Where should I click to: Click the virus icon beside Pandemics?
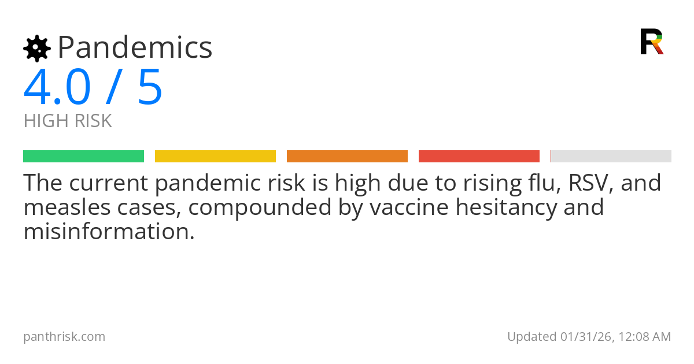[37, 48]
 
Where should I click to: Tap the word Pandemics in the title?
[135, 47]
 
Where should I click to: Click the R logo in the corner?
[651, 41]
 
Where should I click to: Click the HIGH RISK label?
[68, 121]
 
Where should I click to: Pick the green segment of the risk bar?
[83, 156]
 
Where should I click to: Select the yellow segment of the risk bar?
[215, 156]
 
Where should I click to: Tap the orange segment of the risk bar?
[347, 156]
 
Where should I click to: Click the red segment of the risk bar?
[479, 156]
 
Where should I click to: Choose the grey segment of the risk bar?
[611, 156]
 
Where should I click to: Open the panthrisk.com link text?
[64, 336]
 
